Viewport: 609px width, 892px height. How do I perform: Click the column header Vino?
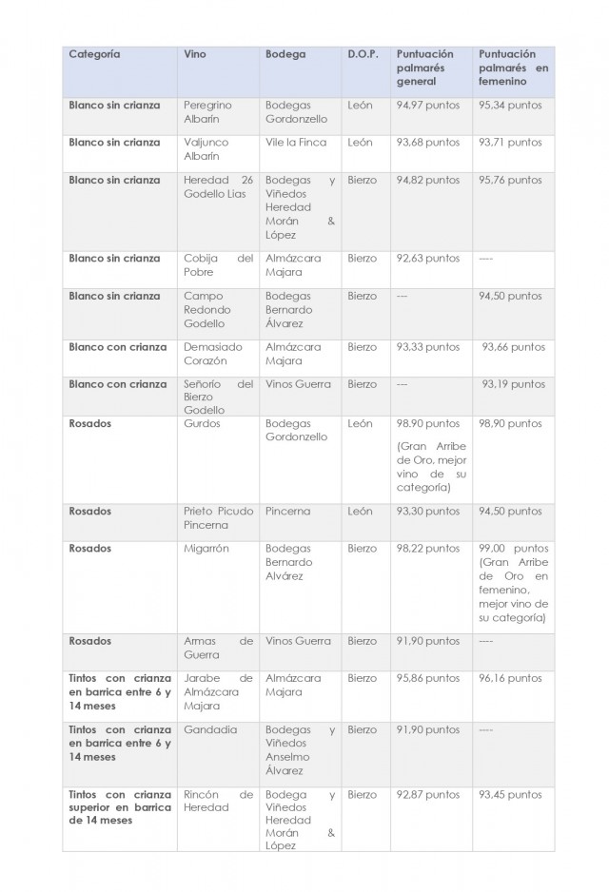pos(194,54)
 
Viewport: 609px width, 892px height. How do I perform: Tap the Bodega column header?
pos(285,54)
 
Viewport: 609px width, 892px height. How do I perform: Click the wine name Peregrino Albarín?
pos(207,112)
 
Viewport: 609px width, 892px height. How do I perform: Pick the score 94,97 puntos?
pos(427,106)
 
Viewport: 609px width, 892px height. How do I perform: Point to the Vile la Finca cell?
pos(296,143)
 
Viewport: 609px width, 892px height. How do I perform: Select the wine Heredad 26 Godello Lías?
pos(218,186)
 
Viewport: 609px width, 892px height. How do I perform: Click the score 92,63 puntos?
pos(427,259)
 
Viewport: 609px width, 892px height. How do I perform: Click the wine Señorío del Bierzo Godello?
pos(218,397)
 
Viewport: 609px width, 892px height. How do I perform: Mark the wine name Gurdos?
pos(202,423)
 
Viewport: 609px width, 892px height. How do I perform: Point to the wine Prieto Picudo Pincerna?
pos(218,517)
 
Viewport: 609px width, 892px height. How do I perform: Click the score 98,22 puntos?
pos(427,549)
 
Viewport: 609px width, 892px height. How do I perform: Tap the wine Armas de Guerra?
pos(218,648)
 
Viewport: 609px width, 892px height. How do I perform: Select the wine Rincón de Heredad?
pos(218,801)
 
